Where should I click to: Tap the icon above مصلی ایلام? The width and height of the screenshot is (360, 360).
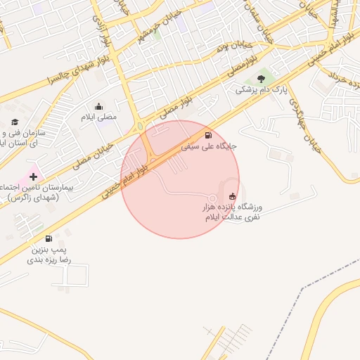[98, 106]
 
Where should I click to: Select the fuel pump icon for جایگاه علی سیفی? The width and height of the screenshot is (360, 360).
[207, 136]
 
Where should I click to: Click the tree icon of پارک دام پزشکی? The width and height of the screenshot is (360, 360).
[261, 79]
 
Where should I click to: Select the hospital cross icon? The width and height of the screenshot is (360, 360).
[33, 176]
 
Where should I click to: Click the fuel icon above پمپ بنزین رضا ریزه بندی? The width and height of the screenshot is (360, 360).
[49, 239]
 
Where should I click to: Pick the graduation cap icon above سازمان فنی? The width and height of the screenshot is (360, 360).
[15, 122]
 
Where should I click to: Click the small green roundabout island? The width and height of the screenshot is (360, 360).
[140, 127]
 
